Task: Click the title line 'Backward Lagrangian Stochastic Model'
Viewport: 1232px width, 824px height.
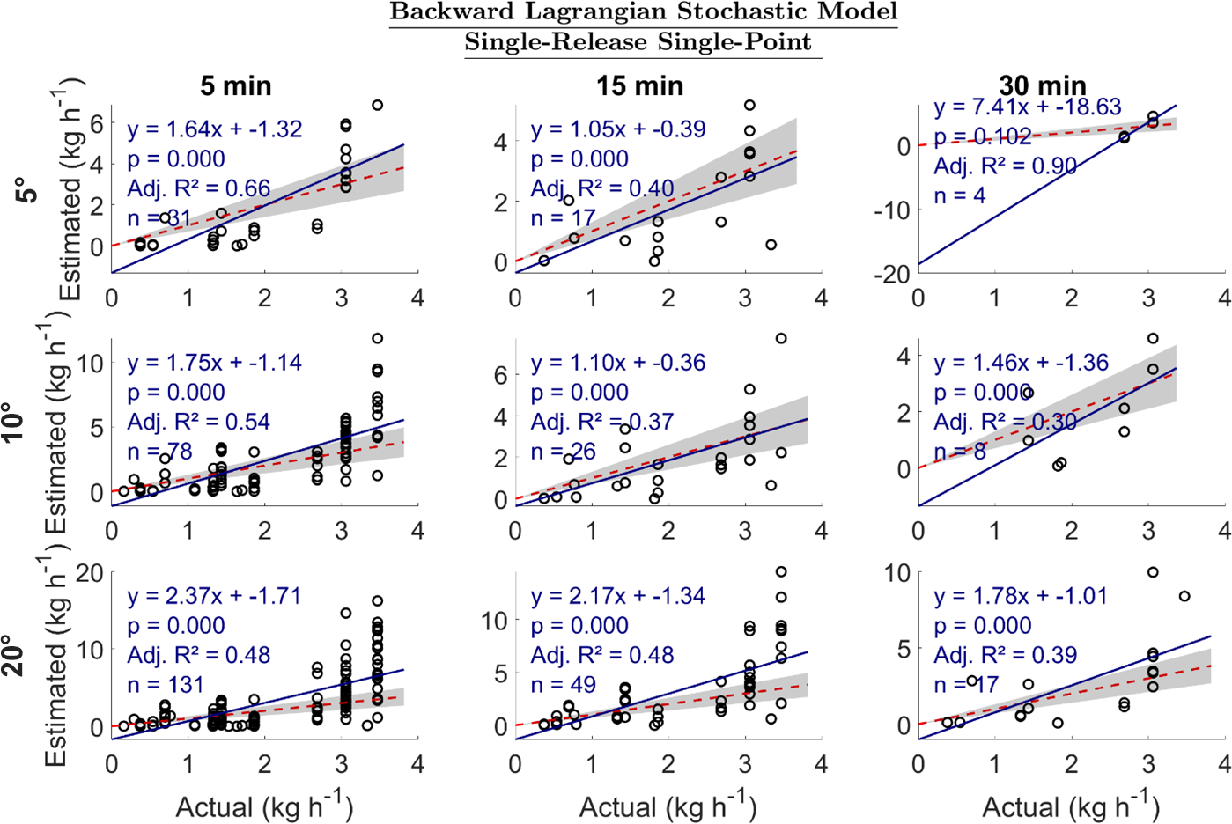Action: click(x=643, y=12)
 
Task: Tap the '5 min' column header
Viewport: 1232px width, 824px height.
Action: click(x=235, y=85)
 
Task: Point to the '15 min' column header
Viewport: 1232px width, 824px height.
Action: click(x=639, y=85)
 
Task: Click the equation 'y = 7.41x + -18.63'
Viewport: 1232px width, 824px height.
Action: click(x=1027, y=107)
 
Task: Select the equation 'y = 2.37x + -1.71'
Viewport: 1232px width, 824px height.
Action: click(x=215, y=596)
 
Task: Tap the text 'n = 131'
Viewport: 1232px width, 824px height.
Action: click(x=166, y=685)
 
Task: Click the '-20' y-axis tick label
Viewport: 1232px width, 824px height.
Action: click(x=892, y=274)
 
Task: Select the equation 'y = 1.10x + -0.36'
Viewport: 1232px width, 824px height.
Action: click(x=618, y=363)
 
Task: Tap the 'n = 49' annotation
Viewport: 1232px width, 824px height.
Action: click(x=564, y=685)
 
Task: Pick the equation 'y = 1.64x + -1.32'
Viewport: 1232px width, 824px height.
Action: click(x=215, y=129)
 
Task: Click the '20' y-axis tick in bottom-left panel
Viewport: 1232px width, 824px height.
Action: click(x=90, y=573)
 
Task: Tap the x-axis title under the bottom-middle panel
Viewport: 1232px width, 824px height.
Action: click(x=668, y=806)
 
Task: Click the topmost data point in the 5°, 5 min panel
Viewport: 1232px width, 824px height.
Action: click(x=377, y=105)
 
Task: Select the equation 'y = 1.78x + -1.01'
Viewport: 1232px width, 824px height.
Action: click(x=1021, y=596)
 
